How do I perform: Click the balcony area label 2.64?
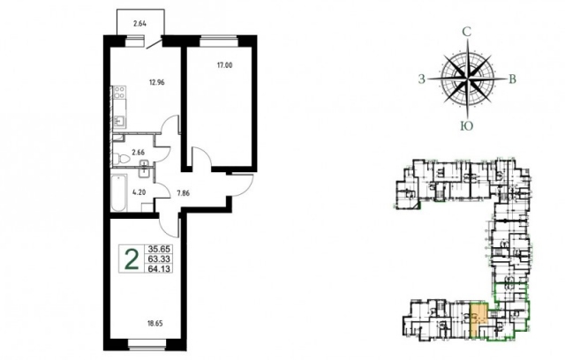pyautogui.click(x=139, y=25)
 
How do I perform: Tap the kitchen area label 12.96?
pyautogui.click(x=157, y=82)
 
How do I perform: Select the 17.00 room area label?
pyautogui.click(x=224, y=65)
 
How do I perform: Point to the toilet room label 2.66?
pyautogui.click(x=138, y=153)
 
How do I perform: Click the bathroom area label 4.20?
pyautogui.click(x=139, y=192)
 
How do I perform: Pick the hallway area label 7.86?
pyautogui.click(x=183, y=193)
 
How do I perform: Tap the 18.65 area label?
pyautogui.click(x=155, y=323)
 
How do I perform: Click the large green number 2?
pyautogui.click(x=132, y=259)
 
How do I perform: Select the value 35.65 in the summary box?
pyautogui.click(x=159, y=249)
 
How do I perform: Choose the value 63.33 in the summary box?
pyautogui.click(x=159, y=259)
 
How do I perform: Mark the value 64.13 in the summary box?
pyautogui.click(x=159, y=268)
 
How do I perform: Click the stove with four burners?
pyautogui.click(x=119, y=92)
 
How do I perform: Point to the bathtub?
pyautogui.click(x=118, y=193)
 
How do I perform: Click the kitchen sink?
pyautogui.click(x=120, y=121)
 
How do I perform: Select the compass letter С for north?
pyautogui.click(x=467, y=32)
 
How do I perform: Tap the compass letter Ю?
pyautogui.click(x=467, y=125)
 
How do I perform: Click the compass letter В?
pyautogui.click(x=512, y=79)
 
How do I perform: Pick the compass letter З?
pyautogui.click(x=422, y=79)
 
